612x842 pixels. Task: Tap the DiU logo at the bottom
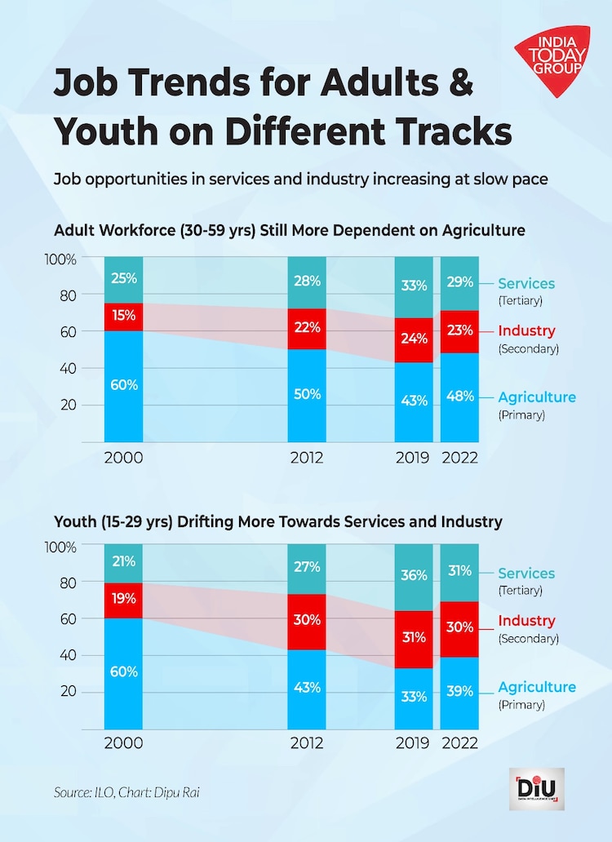(537, 790)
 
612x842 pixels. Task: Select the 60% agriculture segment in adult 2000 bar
(124, 385)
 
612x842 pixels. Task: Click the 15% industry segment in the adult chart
(124, 317)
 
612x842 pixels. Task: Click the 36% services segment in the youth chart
(415, 576)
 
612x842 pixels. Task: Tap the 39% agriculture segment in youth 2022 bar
(459, 692)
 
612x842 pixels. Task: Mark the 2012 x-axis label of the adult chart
(308, 457)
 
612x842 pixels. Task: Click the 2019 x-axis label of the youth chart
(415, 744)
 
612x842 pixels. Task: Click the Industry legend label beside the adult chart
(527, 331)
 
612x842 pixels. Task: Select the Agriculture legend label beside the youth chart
(537, 687)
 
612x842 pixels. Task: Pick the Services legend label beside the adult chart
(526, 284)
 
